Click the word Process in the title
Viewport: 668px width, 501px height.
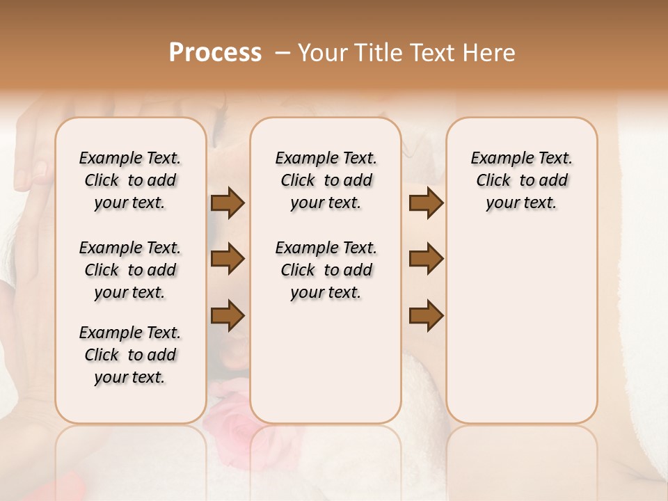point(215,53)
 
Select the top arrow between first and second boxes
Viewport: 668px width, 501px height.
point(228,202)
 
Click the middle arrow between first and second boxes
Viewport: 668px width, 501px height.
point(228,259)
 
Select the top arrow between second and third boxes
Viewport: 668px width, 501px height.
point(426,202)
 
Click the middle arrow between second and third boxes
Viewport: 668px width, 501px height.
point(426,259)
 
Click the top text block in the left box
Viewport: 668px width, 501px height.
point(130,180)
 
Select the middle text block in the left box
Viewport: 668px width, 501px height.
point(130,270)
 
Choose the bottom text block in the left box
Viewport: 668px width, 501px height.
point(130,355)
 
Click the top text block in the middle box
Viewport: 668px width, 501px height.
point(326,180)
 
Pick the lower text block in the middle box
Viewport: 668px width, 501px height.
point(326,270)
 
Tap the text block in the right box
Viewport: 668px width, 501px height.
point(521,180)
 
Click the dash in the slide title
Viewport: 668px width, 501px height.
point(282,53)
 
